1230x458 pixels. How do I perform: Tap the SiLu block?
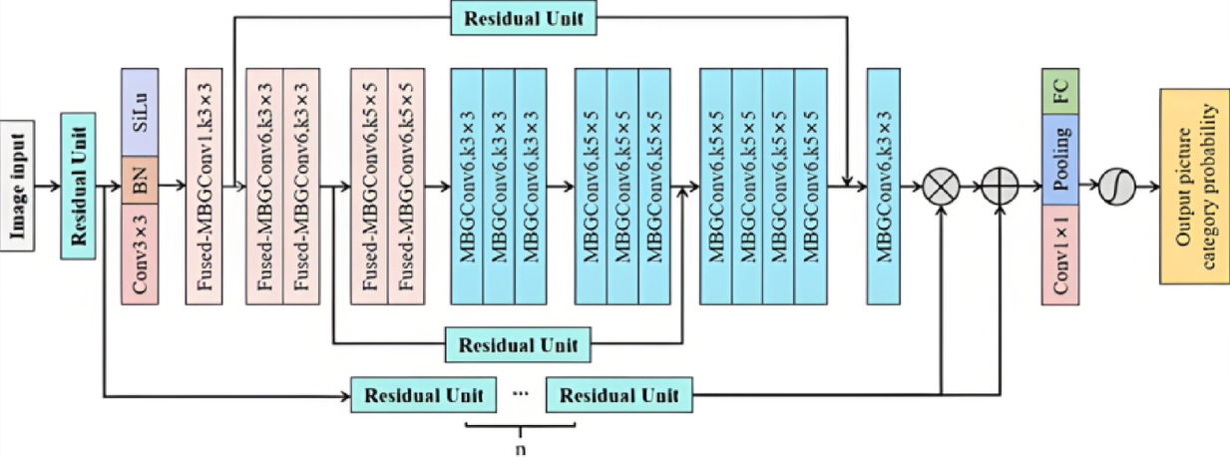click(140, 112)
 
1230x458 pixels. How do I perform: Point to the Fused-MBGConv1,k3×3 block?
click(204, 186)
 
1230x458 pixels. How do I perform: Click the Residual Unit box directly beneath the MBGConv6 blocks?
click(517, 345)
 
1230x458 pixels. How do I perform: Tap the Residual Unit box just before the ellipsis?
click(424, 395)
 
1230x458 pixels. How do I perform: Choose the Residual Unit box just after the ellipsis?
click(619, 395)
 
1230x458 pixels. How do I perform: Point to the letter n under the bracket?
click(520, 448)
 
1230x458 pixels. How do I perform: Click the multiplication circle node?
click(942, 187)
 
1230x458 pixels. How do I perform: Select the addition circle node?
click(999, 187)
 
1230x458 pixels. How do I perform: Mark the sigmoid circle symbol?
click(1116, 187)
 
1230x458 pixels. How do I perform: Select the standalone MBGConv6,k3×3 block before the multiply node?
click(884, 186)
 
